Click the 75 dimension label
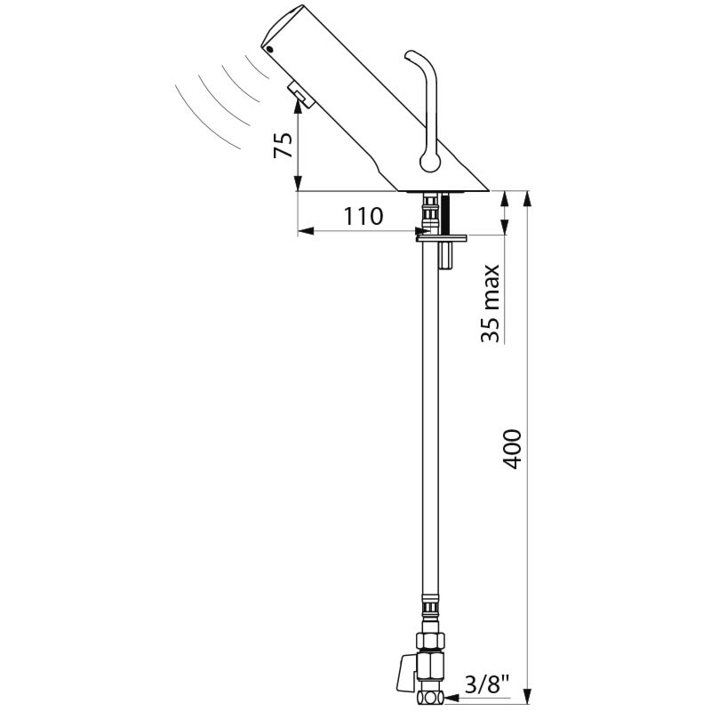pyautogui.click(x=283, y=145)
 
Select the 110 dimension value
pyautogui.click(x=363, y=216)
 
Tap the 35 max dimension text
pyautogui.click(x=491, y=303)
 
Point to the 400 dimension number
pyautogui.click(x=513, y=449)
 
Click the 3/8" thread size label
pyautogui.click(x=487, y=684)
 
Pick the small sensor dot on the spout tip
pyautogui.click(x=271, y=50)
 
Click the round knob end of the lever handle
pyautogui.click(x=430, y=162)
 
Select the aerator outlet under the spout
pyautogui.click(x=299, y=96)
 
